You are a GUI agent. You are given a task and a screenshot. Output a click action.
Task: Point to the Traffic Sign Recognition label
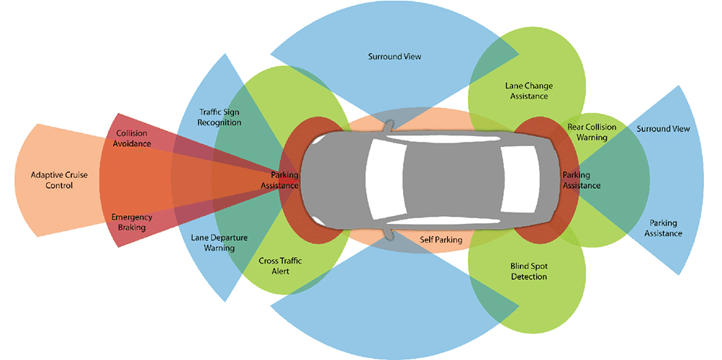click(x=220, y=117)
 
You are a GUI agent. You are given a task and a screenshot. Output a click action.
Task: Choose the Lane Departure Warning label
click(x=213, y=242)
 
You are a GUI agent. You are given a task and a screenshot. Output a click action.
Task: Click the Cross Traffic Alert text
click(x=280, y=266)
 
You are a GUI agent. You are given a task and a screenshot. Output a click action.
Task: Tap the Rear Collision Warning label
click(x=592, y=132)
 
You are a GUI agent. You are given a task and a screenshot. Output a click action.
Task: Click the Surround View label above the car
click(x=394, y=56)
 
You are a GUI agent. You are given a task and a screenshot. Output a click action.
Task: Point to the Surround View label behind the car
click(x=663, y=129)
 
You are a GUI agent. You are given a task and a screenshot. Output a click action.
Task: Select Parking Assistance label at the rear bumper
click(x=580, y=180)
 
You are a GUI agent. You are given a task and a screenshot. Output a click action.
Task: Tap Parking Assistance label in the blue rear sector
click(x=663, y=228)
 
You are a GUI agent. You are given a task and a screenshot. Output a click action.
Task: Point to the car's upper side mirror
click(x=389, y=127)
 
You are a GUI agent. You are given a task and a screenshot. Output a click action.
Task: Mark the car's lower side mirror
click(x=389, y=232)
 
